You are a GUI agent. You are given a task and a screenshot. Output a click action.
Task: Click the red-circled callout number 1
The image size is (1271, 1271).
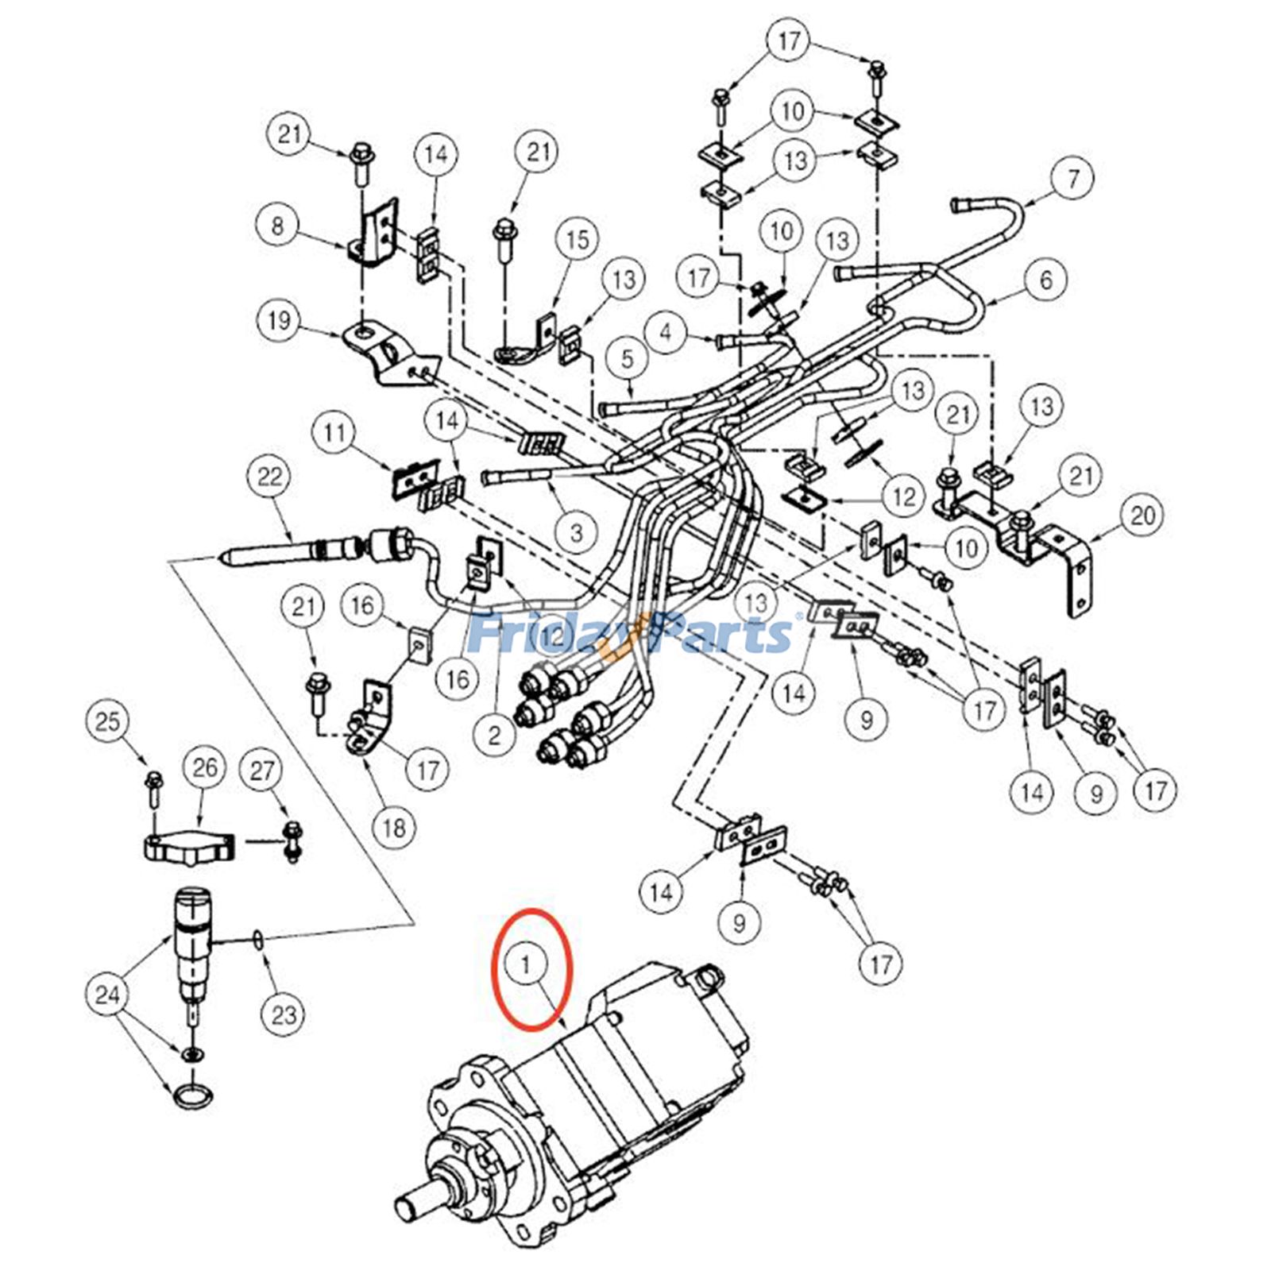[x=526, y=964]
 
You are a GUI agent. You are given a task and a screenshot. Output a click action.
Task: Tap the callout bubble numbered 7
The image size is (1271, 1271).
[x=1073, y=178]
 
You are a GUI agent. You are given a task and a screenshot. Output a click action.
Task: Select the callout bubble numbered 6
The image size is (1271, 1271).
[x=1045, y=280]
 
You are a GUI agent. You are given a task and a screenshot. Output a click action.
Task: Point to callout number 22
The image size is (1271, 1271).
[x=270, y=477]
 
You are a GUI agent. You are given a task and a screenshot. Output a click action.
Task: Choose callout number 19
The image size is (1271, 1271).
[x=279, y=321]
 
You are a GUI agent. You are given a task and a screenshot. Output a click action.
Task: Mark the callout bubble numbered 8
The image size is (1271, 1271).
[x=276, y=226]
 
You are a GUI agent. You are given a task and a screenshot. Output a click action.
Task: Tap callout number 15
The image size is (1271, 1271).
[x=578, y=239]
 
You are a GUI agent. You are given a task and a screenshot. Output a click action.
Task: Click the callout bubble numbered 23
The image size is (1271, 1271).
[x=284, y=1014]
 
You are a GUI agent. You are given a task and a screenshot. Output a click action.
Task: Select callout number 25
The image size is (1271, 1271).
[x=107, y=721]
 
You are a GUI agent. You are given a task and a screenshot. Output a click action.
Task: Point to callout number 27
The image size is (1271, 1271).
[x=262, y=770]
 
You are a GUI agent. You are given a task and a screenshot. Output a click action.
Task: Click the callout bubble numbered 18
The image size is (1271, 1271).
[x=395, y=828]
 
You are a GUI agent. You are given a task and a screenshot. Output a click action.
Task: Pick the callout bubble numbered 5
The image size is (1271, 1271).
[x=628, y=359]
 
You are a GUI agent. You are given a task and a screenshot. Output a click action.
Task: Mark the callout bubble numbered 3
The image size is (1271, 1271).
[x=576, y=531]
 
